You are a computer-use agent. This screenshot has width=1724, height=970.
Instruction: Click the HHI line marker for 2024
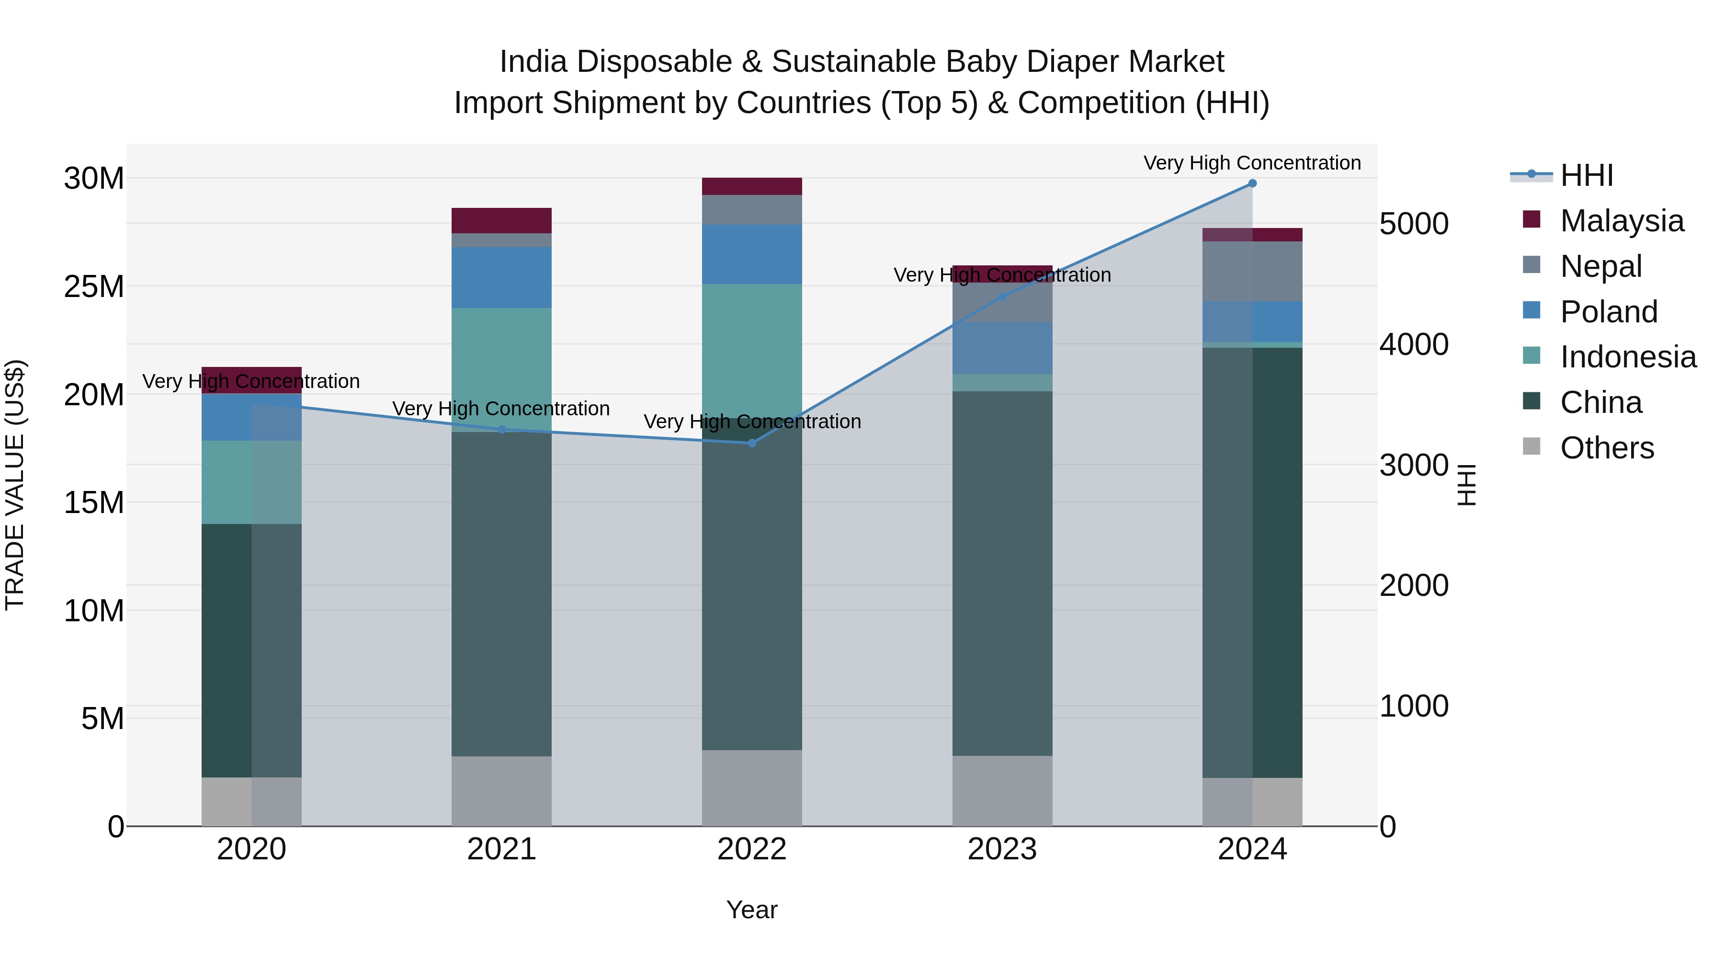click(x=1252, y=183)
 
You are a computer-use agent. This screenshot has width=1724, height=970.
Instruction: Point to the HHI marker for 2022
click(x=751, y=443)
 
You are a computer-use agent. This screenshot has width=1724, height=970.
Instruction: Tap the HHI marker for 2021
click(x=502, y=430)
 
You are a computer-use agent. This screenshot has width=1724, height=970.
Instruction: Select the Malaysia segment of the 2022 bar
click(x=751, y=186)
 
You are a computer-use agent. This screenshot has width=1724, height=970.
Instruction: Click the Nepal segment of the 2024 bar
click(x=1252, y=271)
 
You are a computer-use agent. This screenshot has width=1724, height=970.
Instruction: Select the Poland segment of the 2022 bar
click(x=751, y=254)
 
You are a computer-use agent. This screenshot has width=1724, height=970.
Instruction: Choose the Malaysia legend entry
click(x=1621, y=221)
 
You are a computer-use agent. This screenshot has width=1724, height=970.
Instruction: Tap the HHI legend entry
click(x=1586, y=175)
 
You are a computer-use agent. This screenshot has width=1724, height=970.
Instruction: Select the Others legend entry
click(x=1606, y=448)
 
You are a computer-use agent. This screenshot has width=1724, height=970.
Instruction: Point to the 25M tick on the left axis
click(x=94, y=286)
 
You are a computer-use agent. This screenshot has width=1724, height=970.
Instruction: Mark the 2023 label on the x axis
click(x=1002, y=849)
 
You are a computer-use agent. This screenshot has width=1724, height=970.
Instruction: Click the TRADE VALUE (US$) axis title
click(x=15, y=485)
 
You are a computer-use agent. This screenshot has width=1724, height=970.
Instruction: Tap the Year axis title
click(x=751, y=910)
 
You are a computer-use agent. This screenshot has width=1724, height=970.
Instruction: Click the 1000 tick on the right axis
click(x=1414, y=706)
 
